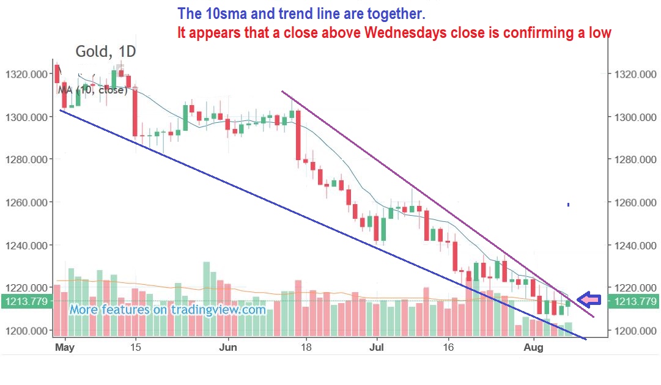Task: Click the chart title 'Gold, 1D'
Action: [106, 52]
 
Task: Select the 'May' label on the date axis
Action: [64, 348]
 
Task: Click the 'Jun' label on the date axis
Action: [228, 348]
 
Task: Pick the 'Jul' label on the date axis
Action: [377, 348]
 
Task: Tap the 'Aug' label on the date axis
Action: [534, 348]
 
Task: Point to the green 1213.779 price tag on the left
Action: [25, 301]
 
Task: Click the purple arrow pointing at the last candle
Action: [589, 299]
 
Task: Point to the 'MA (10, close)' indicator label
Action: [92, 90]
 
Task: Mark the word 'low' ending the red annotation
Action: [600, 33]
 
